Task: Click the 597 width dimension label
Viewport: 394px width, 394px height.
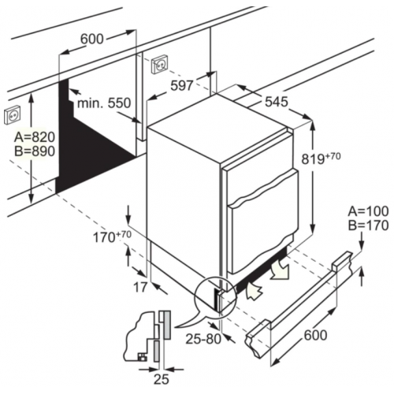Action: pyautogui.click(x=182, y=86)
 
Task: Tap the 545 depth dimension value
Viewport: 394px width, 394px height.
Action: pyautogui.click(x=277, y=102)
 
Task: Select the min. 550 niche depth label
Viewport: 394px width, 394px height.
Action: pyautogui.click(x=104, y=103)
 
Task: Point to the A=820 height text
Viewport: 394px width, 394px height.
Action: pyautogui.click(x=35, y=137)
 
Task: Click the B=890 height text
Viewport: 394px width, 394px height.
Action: pyautogui.click(x=35, y=151)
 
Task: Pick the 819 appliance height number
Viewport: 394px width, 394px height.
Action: pyautogui.click(x=313, y=159)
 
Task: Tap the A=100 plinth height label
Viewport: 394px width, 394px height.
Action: pyautogui.click(x=368, y=211)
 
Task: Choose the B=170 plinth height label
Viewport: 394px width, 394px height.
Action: pyautogui.click(x=368, y=225)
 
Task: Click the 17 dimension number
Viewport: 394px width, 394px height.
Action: pyautogui.click(x=140, y=287)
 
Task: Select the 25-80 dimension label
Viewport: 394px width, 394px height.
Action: pyautogui.click(x=203, y=339)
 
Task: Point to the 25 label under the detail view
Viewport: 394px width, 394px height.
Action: pyautogui.click(x=162, y=379)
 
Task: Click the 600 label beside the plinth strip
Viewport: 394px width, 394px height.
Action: pyautogui.click(x=315, y=335)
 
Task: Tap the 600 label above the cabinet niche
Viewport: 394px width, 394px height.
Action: pyautogui.click(x=92, y=39)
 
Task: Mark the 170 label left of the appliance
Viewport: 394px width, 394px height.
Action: pyautogui.click(x=104, y=238)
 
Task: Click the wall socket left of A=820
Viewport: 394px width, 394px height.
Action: pyautogui.click(x=12, y=115)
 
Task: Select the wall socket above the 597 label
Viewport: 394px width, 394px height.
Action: pyautogui.click(x=159, y=65)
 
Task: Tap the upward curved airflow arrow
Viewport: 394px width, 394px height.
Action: pyautogui.click(x=254, y=290)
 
